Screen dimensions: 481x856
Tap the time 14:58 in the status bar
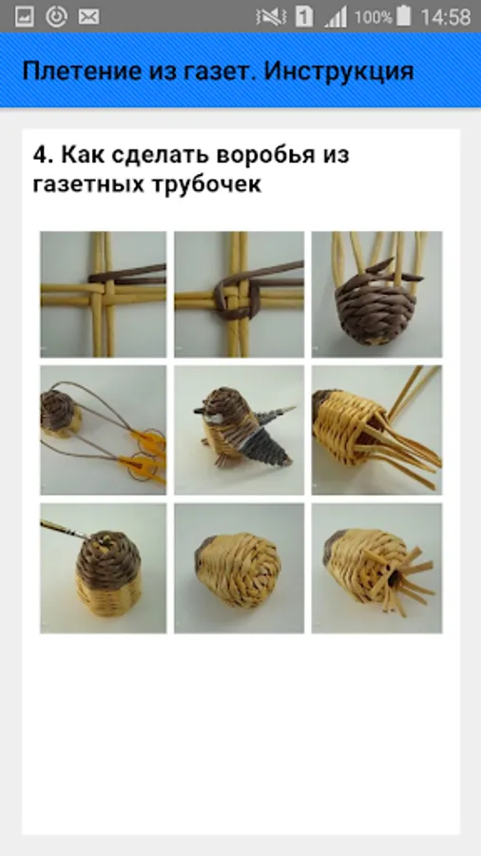tap(445, 17)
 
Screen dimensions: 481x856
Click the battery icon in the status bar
tap(404, 16)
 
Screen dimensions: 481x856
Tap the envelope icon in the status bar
tap(87, 17)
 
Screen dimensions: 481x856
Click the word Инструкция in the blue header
tap(338, 71)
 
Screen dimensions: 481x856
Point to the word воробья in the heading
tap(265, 155)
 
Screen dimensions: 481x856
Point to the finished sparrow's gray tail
tap(268, 445)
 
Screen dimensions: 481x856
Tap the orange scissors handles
tap(143, 456)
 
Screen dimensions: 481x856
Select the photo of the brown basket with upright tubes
tap(376, 294)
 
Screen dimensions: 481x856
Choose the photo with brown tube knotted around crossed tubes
tap(239, 294)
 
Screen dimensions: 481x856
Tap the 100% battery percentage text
tap(373, 17)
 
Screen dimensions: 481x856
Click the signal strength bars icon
tap(336, 17)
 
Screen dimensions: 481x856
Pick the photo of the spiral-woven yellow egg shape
tap(239, 569)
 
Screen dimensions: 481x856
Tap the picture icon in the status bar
tap(25, 17)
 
